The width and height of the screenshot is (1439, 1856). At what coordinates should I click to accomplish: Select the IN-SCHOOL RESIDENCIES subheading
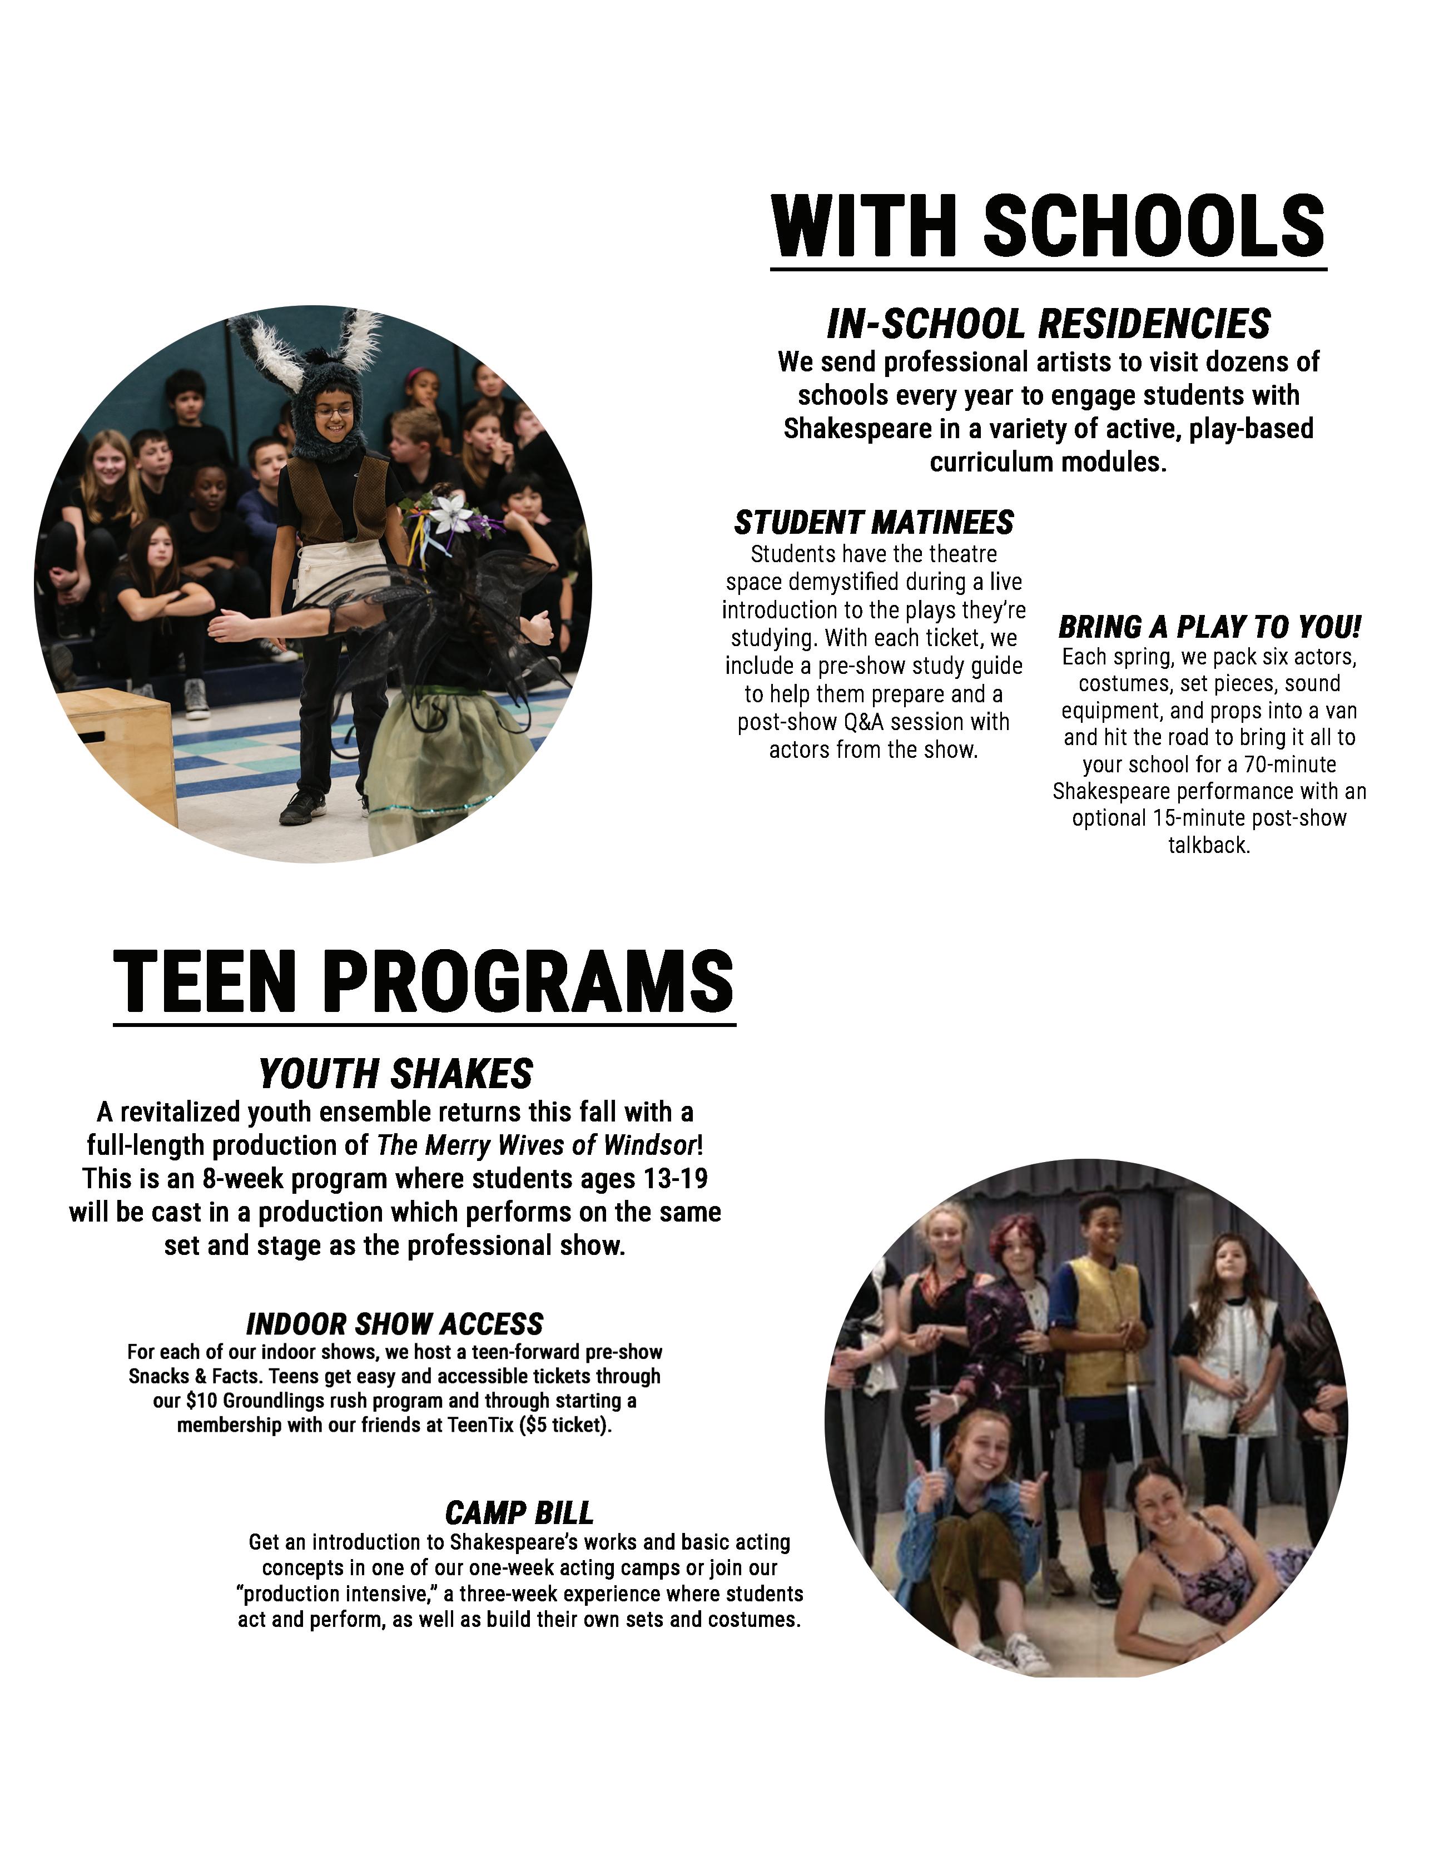(1048, 324)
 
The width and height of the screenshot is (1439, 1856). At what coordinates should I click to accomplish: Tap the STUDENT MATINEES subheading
(874, 522)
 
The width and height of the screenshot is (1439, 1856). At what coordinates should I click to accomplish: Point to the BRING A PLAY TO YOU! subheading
(1209, 627)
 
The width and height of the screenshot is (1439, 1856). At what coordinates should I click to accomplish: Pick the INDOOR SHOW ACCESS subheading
(394, 1324)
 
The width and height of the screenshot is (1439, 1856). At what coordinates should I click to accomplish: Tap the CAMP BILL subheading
(519, 1513)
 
